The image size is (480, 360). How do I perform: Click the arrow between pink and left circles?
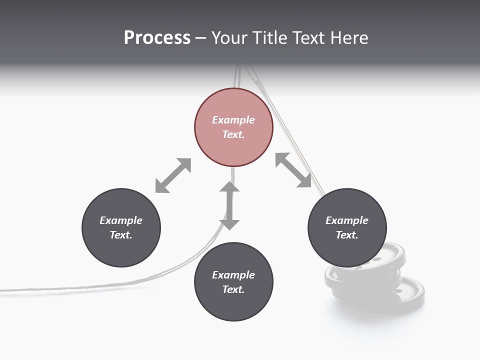[x=173, y=175]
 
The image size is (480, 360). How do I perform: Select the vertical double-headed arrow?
[x=229, y=206]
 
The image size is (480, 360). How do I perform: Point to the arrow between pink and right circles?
[x=293, y=170]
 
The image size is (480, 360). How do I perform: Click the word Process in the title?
[x=157, y=38]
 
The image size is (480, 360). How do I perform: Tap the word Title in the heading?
[x=270, y=38]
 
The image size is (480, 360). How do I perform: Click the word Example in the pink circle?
[x=233, y=120]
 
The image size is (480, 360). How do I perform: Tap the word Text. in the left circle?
[x=121, y=235]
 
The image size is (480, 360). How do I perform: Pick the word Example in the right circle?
[x=347, y=220]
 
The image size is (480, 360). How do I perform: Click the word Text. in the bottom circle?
[x=233, y=289]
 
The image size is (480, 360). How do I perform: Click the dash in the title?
[x=200, y=38]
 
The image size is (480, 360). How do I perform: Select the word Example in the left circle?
[x=121, y=220]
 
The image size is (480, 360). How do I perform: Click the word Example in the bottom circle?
[x=233, y=275]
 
